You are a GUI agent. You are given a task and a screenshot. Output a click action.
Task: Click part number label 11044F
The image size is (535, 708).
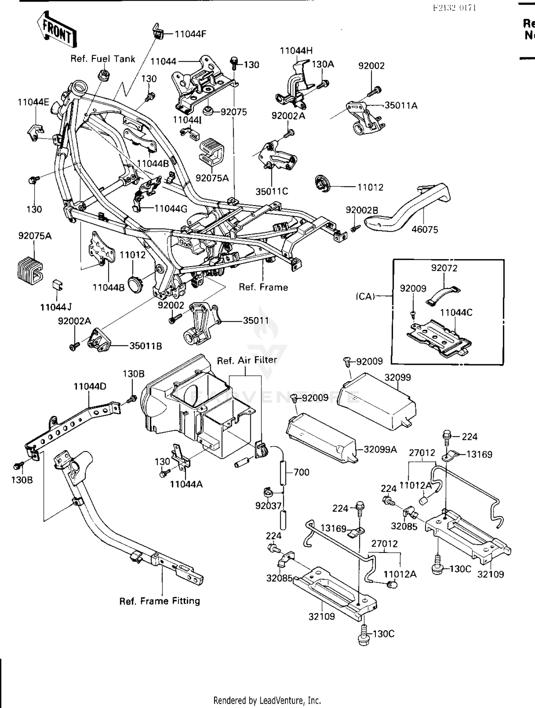point(190,34)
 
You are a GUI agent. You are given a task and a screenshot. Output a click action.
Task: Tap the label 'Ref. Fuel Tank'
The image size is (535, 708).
point(103,59)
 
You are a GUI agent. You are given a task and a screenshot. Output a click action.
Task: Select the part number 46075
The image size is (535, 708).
point(424,229)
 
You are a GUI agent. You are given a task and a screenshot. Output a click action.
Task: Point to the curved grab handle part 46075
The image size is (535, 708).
point(410,210)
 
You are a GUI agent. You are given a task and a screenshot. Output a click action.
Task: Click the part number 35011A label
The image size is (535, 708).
point(401,105)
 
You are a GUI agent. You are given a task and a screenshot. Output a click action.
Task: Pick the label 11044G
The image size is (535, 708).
point(171,209)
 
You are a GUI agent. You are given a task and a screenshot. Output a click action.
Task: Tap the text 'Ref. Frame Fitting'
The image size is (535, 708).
point(159,601)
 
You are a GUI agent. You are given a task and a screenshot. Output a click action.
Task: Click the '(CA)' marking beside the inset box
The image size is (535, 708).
point(365,296)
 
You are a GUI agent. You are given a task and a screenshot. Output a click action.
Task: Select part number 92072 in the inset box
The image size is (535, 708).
point(444,268)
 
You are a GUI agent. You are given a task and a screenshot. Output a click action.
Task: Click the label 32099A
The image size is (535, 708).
point(380,449)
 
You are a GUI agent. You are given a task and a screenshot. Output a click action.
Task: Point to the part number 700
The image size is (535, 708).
point(301,472)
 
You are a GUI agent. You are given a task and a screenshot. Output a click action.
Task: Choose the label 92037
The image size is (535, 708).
point(268,505)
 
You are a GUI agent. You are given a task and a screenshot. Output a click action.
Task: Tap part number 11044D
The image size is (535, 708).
point(90,386)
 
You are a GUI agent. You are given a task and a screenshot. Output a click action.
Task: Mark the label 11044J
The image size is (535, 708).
point(56,307)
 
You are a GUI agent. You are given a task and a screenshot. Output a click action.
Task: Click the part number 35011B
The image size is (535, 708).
point(146,346)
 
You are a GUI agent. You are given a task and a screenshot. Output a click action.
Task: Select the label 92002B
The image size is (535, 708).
point(362,210)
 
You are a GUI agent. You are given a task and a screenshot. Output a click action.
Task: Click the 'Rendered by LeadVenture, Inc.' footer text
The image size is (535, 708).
point(267,700)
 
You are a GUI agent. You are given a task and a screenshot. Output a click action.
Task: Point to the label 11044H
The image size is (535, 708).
point(296,51)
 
